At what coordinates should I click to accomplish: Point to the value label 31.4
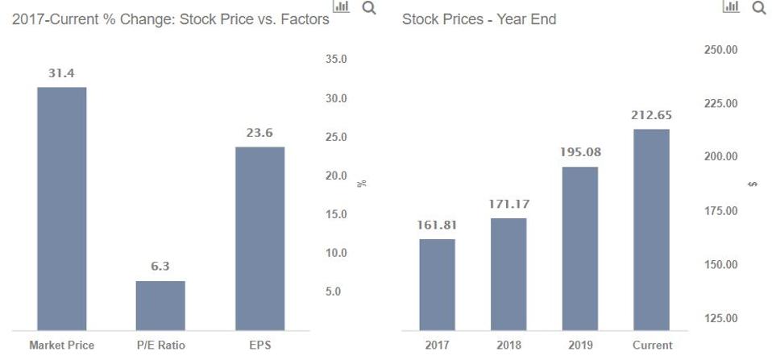62,73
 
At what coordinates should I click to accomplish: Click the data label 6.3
160,267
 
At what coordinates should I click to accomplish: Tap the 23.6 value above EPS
259,133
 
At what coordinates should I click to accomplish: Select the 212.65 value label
652,115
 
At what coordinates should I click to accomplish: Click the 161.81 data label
437,225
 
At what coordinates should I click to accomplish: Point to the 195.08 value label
580,152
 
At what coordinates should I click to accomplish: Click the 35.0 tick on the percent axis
337,60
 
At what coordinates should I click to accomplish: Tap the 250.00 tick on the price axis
721,50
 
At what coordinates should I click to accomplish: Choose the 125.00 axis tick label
721,318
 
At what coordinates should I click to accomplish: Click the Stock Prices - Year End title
479,19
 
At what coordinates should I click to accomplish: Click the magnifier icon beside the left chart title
369,8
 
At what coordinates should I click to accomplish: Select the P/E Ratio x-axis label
160,346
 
